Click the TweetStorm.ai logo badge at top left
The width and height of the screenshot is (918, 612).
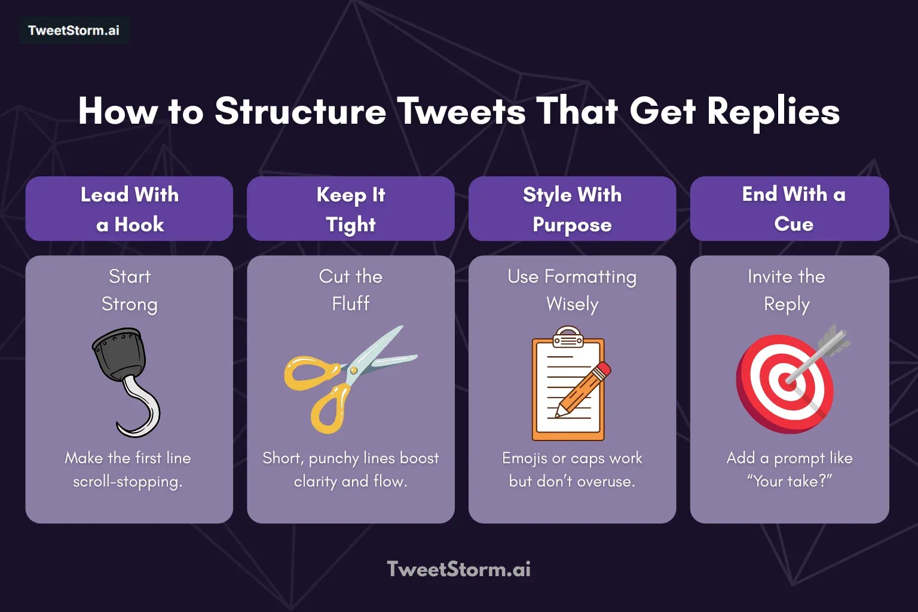pos(74,30)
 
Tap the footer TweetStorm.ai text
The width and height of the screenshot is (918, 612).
pos(458,569)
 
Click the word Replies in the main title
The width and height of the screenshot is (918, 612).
pos(773,111)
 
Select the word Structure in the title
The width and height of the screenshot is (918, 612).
pos(300,111)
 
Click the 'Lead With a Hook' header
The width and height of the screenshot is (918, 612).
pos(129,209)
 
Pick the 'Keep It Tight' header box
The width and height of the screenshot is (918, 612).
pos(351,209)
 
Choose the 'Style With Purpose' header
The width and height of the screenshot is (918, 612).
pos(572,209)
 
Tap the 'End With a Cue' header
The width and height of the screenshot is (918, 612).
pos(790,209)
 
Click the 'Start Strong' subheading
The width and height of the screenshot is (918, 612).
pos(129,290)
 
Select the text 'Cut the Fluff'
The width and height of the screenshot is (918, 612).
pos(351,290)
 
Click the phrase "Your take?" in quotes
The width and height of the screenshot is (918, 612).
pos(790,481)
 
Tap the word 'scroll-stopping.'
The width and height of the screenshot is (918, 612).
pos(127,482)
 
